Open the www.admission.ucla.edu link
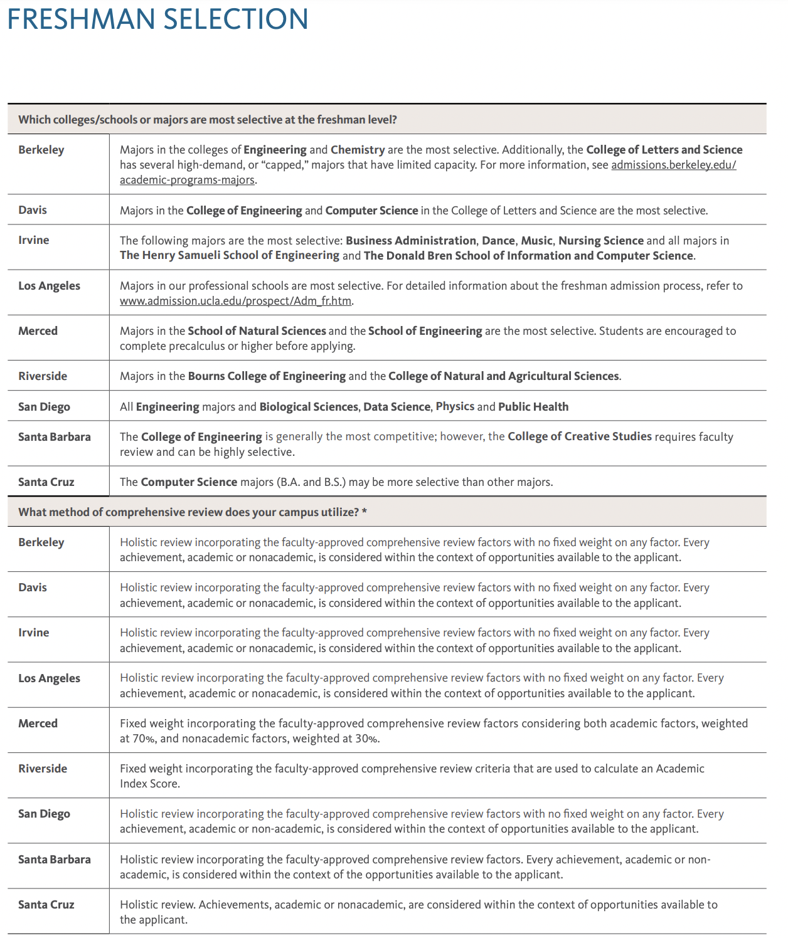point(236,301)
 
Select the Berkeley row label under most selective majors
point(41,150)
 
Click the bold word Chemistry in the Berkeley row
point(358,150)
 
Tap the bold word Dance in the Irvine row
point(498,241)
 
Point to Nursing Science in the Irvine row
point(601,241)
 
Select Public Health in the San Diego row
point(533,407)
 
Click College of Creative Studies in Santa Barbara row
point(580,436)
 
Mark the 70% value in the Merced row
point(144,739)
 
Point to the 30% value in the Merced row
point(367,739)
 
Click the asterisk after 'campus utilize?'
point(365,512)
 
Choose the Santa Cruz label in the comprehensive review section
point(46,905)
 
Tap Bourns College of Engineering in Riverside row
point(267,376)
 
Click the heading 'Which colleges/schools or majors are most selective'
point(208,120)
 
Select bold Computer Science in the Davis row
point(371,211)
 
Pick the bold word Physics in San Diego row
point(455,406)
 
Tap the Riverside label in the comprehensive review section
point(43,769)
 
